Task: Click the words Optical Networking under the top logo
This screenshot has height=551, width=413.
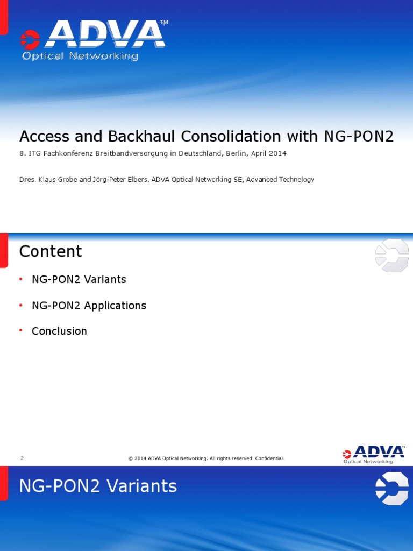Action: (x=80, y=56)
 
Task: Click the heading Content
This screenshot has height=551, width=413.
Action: (x=51, y=251)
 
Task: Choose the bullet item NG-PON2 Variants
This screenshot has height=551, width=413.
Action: (x=79, y=280)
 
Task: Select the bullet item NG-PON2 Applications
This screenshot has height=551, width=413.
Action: (x=89, y=306)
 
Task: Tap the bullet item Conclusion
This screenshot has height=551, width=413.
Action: (x=59, y=331)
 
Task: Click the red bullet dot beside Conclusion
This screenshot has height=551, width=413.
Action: (x=21, y=330)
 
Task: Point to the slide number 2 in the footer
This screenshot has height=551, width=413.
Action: (x=22, y=458)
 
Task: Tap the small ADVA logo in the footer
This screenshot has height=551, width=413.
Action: (x=374, y=454)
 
